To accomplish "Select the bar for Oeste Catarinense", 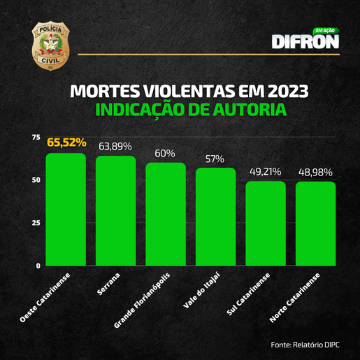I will (66, 210).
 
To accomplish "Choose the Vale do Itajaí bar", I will (215, 217).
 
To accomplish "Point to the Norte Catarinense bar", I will (315, 224).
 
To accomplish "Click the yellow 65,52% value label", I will (66, 143).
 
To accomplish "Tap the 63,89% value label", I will (116, 146).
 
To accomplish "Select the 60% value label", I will (166, 153).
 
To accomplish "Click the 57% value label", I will (215, 159).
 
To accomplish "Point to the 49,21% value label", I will (265, 171).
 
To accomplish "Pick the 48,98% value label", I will (315, 171).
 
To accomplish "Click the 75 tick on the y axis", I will (36, 137).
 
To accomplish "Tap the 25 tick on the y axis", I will (36, 223).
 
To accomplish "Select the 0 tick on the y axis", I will (38, 266).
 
